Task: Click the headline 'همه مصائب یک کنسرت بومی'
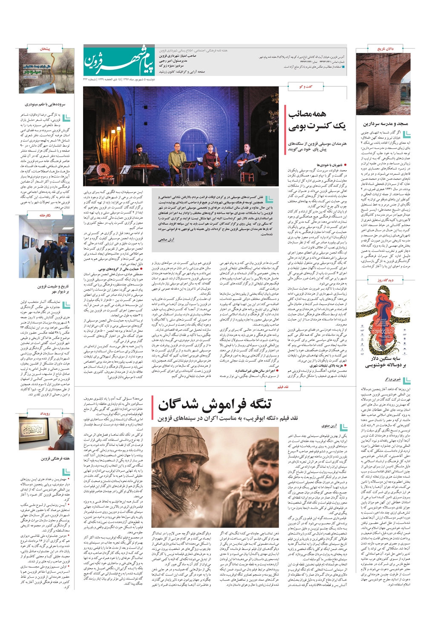pos(317,120)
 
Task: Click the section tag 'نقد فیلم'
pos(283,387)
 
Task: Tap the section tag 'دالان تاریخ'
pos(385,49)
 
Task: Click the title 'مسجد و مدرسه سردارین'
pos(385,124)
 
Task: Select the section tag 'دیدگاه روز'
pos(385,280)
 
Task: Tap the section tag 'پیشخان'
pos(45,49)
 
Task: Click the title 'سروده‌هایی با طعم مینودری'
pos(45,104)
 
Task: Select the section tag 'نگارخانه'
pos(45,216)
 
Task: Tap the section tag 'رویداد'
pos(45,413)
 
